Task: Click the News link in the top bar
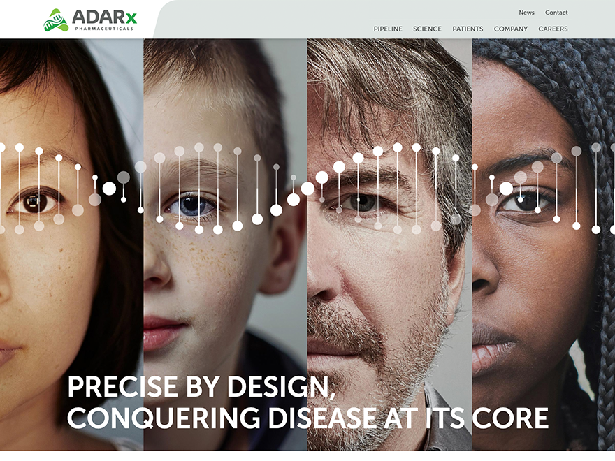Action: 526,13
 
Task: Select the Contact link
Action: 556,13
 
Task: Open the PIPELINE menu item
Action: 388,29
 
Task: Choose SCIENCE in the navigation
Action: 427,29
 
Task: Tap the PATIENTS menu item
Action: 468,29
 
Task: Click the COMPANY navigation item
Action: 511,29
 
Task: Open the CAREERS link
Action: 553,29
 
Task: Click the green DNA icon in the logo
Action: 56,20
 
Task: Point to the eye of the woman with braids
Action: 521,202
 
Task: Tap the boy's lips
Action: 162,330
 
